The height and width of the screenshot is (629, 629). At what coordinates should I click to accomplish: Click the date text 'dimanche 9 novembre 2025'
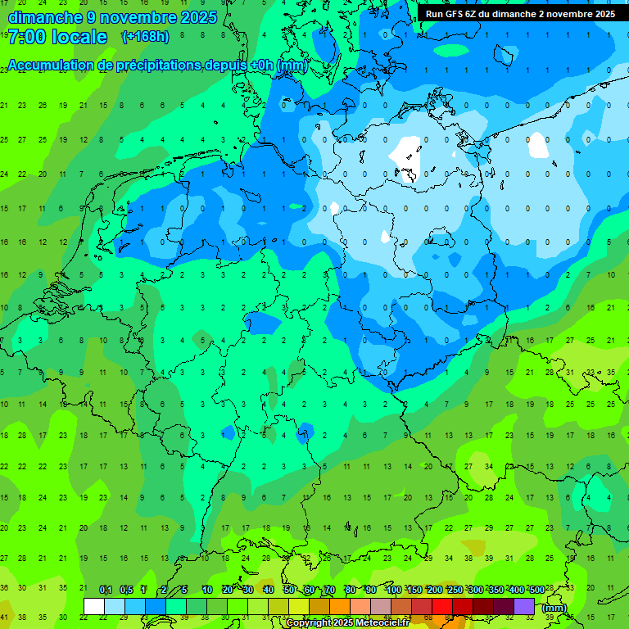tap(112, 16)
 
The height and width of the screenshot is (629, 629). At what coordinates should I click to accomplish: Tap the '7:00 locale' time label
tap(57, 37)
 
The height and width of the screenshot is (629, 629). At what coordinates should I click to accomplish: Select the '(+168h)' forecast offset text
tap(145, 37)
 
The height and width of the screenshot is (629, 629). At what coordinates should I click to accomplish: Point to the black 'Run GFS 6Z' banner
tap(521, 14)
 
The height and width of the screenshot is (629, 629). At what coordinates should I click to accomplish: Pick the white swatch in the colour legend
tap(94, 606)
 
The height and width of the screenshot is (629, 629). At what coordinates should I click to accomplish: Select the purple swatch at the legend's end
tap(524, 606)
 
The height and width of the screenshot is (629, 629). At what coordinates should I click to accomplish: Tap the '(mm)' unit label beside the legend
tap(554, 608)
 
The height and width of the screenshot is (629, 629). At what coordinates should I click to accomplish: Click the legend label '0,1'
tap(105, 591)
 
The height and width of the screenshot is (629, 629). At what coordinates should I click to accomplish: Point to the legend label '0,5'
tap(125, 591)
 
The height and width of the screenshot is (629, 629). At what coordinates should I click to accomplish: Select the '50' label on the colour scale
tap(289, 591)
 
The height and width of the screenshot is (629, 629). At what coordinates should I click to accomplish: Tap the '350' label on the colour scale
tap(495, 591)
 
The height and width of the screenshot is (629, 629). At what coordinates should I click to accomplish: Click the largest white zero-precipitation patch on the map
tap(405, 151)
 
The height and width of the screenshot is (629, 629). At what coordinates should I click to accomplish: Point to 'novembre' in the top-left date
tap(140, 16)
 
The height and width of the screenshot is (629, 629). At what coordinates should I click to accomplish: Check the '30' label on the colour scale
tap(248, 591)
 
